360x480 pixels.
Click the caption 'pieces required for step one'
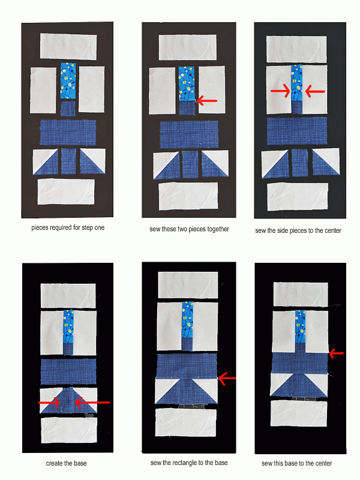[x=68, y=228]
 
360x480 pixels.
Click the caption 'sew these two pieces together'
[x=189, y=229]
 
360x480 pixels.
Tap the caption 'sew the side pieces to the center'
[x=298, y=230]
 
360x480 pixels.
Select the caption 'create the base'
[x=66, y=463]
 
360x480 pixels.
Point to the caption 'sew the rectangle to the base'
[x=189, y=463]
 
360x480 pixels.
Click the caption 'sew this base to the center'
[x=296, y=463]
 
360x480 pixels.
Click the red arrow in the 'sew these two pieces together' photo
[x=206, y=100]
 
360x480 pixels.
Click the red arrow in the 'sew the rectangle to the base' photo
[x=227, y=379]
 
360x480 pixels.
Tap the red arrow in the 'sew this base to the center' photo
[x=336, y=353]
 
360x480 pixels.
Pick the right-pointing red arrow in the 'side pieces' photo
[x=280, y=91]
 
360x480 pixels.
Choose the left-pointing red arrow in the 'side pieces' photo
[x=315, y=91]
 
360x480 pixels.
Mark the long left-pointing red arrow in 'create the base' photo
[x=92, y=402]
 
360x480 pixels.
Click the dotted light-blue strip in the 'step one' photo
[x=68, y=81]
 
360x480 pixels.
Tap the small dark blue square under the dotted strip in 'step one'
[x=68, y=109]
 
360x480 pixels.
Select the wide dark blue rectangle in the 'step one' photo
[x=68, y=132]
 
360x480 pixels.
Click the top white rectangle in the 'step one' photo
[x=68, y=47]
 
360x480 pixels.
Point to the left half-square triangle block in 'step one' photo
[x=46, y=161]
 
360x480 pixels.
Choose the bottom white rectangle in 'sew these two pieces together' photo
[x=188, y=196]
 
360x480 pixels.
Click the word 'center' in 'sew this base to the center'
[x=323, y=463]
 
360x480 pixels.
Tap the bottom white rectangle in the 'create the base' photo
[x=69, y=430]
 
